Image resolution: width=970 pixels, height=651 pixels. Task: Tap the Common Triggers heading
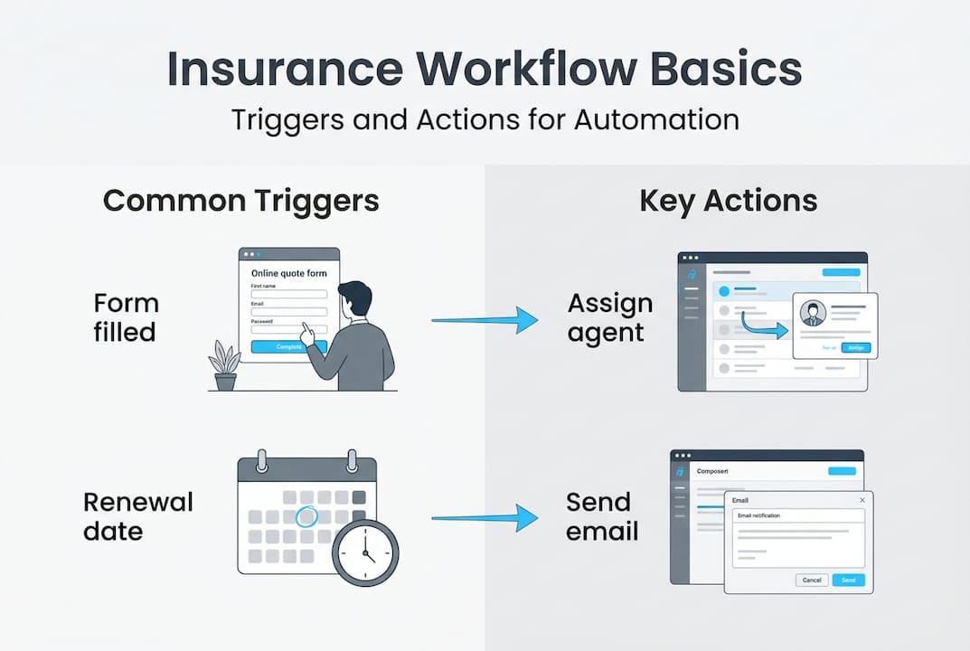pyautogui.click(x=240, y=201)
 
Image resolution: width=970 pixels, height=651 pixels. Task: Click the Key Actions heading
pyautogui.click(x=728, y=201)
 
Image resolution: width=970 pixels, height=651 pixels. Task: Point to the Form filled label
pyautogui.click(x=126, y=317)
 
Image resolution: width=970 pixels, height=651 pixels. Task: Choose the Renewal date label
pyautogui.click(x=138, y=516)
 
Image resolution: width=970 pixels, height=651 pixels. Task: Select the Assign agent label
pyautogui.click(x=609, y=317)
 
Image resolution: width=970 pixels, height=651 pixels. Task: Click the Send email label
pyautogui.click(x=602, y=516)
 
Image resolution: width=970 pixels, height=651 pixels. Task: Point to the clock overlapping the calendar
pyautogui.click(x=365, y=552)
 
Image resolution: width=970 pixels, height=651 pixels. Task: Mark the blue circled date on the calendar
pyautogui.click(x=307, y=516)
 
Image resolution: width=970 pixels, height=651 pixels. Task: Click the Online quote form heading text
pyautogui.click(x=289, y=273)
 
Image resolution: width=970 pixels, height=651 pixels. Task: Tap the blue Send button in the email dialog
pyautogui.click(x=848, y=580)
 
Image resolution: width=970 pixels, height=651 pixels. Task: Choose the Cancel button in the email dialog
pyautogui.click(x=811, y=580)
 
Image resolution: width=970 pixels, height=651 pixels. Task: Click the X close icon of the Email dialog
pyautogui.click(x=862, y=500)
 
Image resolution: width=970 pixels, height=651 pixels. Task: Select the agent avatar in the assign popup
pyautogui.click(x=813, y=313)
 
